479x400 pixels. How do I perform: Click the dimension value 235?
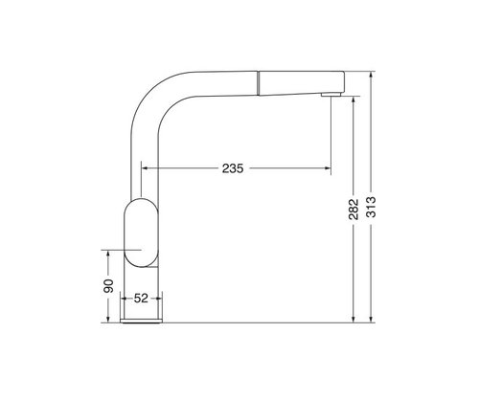pos(233,168)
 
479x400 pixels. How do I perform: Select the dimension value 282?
pos(354,210)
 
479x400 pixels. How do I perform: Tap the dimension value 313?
pos(371,207)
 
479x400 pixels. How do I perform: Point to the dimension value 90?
pos(108,286)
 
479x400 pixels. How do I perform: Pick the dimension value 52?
pos(141,299)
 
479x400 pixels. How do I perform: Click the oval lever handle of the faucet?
pos(140,233)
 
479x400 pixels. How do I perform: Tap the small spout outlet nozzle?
pos(331,94)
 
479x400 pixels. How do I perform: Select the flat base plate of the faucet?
pos(141,321)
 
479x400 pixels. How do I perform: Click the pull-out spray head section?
pos(301,83)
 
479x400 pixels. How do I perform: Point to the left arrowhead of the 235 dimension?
pos(145,167)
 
